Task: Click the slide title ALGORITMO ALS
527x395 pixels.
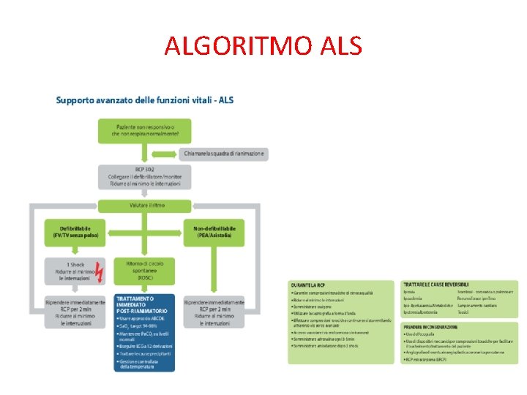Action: (263, 46)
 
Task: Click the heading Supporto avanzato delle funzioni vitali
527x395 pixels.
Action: (145, 100)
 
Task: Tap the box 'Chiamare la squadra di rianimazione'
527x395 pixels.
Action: (223, 154)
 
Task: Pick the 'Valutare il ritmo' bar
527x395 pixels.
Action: (145, 206)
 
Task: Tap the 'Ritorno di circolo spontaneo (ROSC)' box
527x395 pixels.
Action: (145, 271)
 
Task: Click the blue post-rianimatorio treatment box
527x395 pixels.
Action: (145, 331)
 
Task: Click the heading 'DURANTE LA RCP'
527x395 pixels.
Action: (308, 285)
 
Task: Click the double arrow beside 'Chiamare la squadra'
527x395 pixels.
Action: (162, 154)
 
